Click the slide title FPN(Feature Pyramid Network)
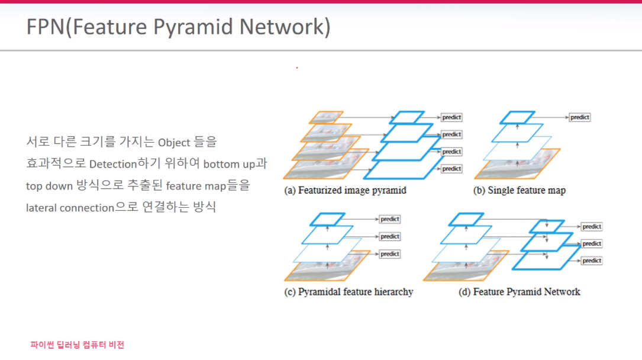coord(178,27)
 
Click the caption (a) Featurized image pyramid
coord(346,191)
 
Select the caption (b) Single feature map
coord(519,191)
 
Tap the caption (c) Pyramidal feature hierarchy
coord(349,292)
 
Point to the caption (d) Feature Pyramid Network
coord(519,292)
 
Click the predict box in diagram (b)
coord(579,117)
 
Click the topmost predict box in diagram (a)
coord(451,117)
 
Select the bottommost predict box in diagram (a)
coord(451,169)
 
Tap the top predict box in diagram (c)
coord(390,219)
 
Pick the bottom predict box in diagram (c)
coord(390,254)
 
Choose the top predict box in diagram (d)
coord(591,227)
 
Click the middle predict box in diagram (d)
coord(591,243)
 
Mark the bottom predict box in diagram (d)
coord(591,261)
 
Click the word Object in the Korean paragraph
coord(175,143)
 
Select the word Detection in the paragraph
coord(113,164)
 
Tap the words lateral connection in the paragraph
coord(70,208)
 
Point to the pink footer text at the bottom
coord(78,345)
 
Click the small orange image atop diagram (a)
coord(322,117)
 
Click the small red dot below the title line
coord(297,68)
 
